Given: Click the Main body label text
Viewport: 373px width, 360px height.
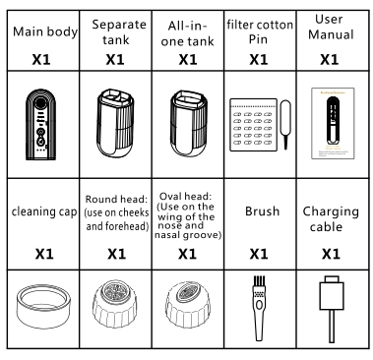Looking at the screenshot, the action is point(45,32).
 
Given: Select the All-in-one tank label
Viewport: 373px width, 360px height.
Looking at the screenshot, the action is point(187,33).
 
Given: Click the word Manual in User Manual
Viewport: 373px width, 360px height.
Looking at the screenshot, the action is point(331,34).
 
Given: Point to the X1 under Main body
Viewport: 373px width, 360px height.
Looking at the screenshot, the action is point(41,59).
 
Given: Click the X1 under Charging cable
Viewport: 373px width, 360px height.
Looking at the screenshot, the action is point(331,254).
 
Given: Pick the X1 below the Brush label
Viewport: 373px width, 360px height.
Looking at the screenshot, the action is point(259,254).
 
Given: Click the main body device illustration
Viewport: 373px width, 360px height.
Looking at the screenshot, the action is point(40,124).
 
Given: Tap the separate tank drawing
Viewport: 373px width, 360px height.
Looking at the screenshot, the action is point(115,123).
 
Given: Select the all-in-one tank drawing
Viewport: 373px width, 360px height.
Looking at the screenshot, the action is point(188,123).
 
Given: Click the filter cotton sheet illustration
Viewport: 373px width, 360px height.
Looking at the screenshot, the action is point(253,125).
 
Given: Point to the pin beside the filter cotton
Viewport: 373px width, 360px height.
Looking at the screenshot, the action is point(285,125).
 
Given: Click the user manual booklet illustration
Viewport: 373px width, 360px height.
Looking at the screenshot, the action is point(333,123).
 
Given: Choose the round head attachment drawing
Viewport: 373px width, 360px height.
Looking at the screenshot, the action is point(115,305).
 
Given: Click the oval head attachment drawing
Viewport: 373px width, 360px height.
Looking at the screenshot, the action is point(187,305).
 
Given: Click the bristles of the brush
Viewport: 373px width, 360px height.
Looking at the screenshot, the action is point(259,281).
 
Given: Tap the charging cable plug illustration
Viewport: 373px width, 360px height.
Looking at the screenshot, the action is point(332,293).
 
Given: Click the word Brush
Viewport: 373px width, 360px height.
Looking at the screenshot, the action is point(262,211).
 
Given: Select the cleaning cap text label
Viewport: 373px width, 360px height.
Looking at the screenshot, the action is point(44,211).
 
